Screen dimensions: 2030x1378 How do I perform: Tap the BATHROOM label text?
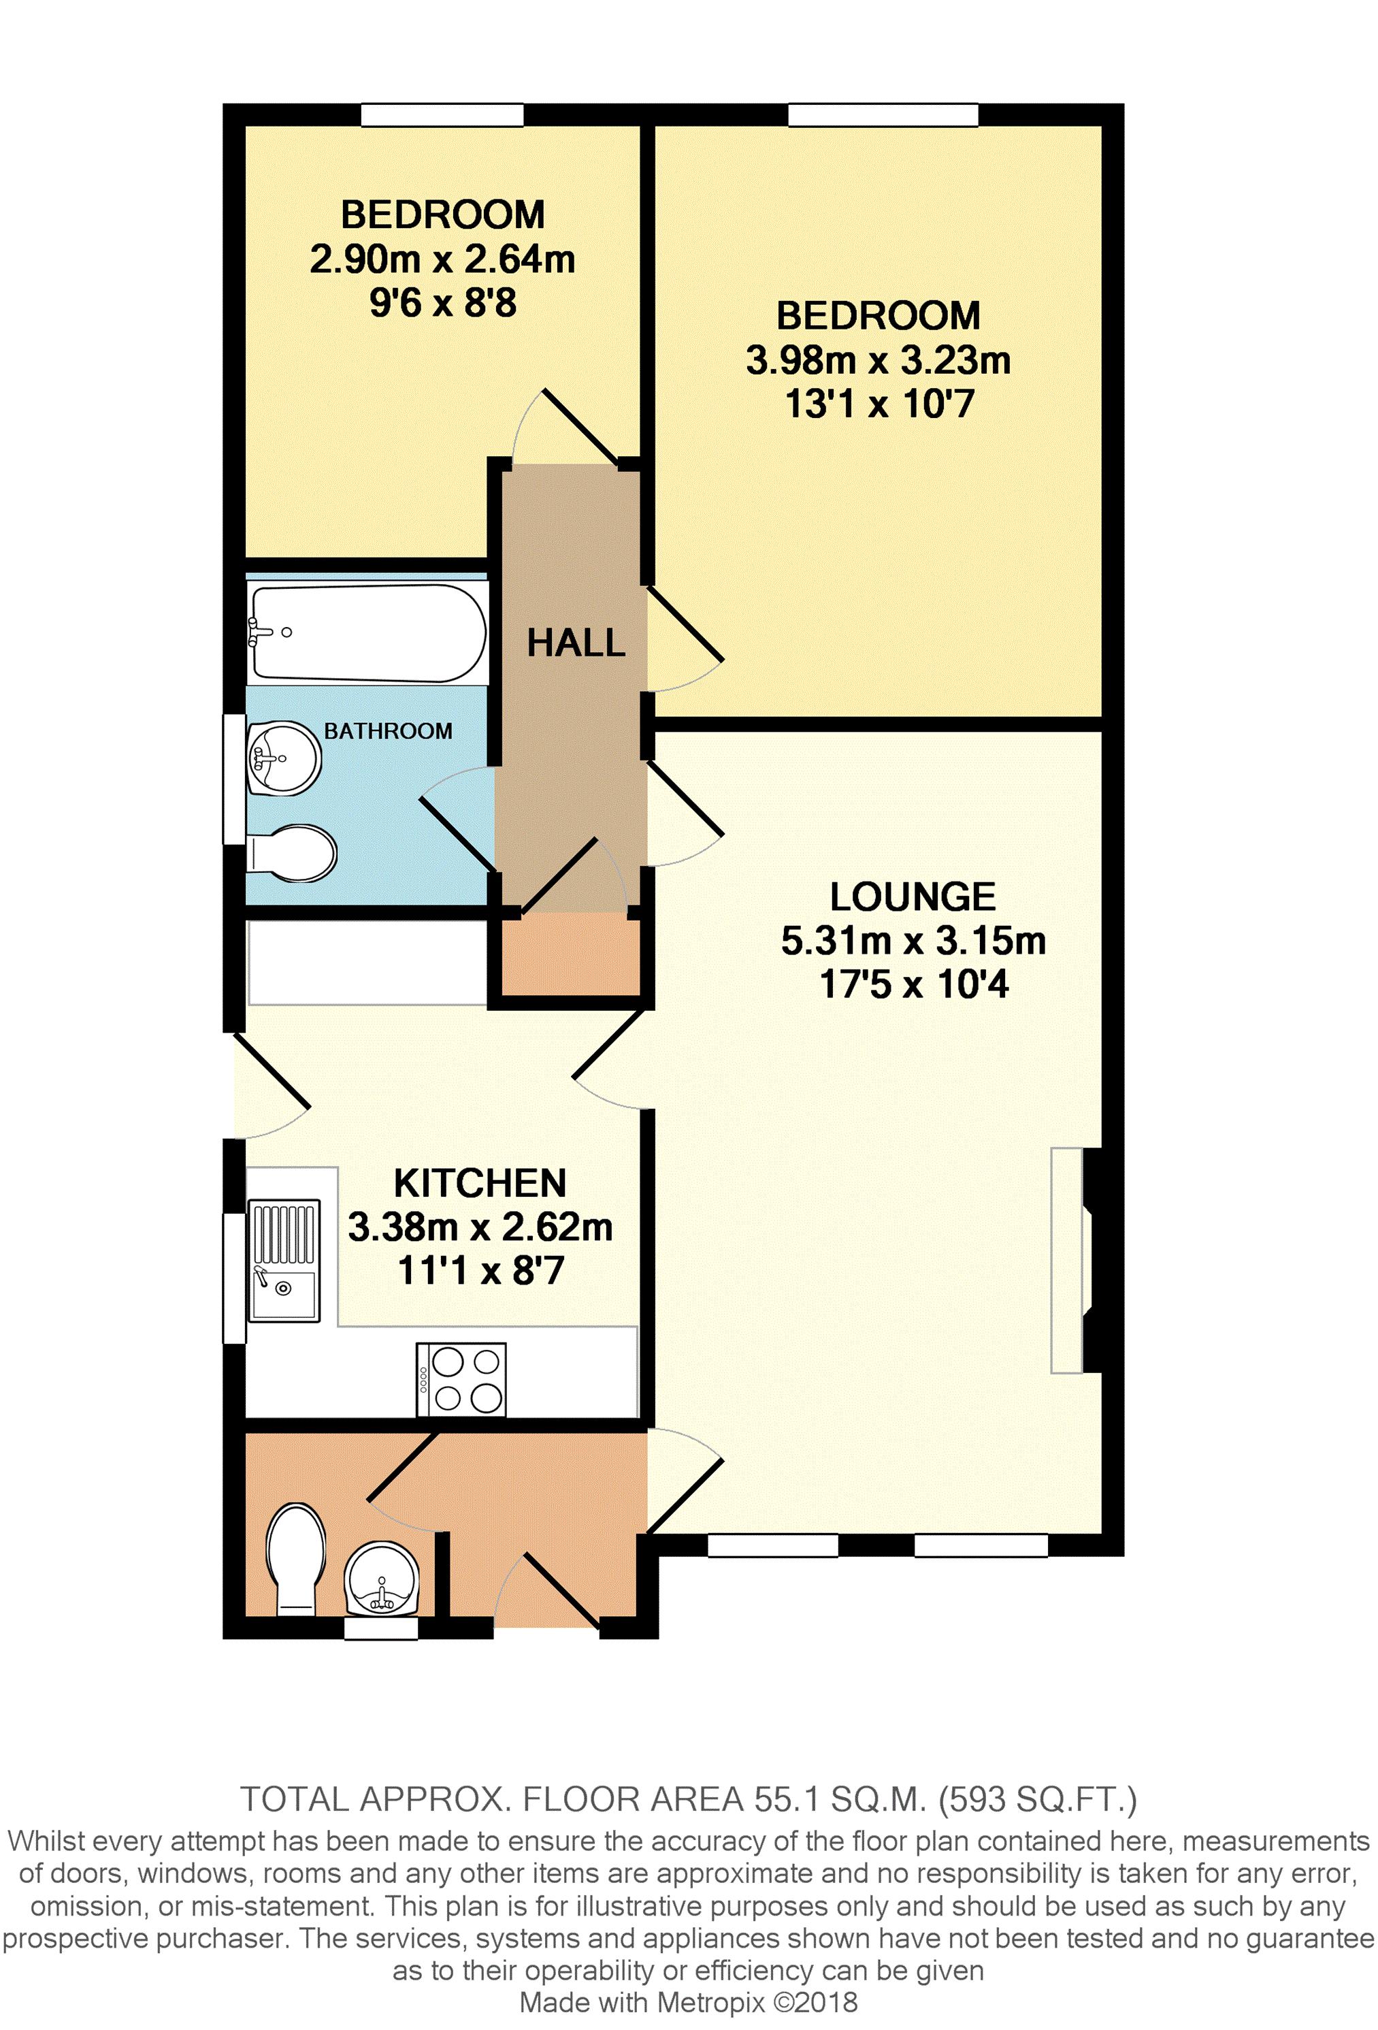(388, 731)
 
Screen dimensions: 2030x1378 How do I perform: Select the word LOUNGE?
(913, 897)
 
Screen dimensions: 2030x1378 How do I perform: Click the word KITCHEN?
(480, 1184)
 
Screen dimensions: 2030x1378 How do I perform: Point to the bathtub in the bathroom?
(367, 632)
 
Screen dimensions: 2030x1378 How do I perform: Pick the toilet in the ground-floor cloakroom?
(296, 1559)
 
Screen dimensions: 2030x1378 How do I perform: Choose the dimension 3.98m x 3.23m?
(878, 360)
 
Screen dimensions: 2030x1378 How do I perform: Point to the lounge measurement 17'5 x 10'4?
(913, 984)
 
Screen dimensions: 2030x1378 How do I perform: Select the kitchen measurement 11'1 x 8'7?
(480, 1271)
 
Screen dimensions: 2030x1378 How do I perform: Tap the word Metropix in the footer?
(710, 2002)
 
